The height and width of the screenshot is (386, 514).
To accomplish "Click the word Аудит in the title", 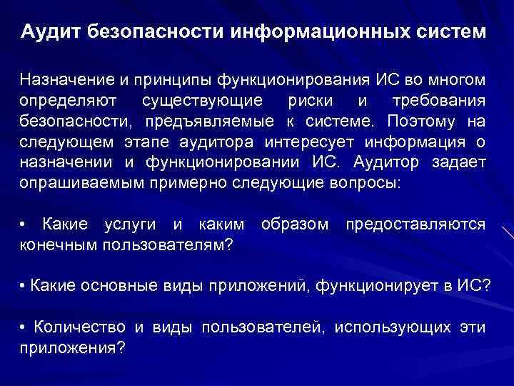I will (54, 33).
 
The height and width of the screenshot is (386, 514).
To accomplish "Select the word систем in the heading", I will (450, 33).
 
